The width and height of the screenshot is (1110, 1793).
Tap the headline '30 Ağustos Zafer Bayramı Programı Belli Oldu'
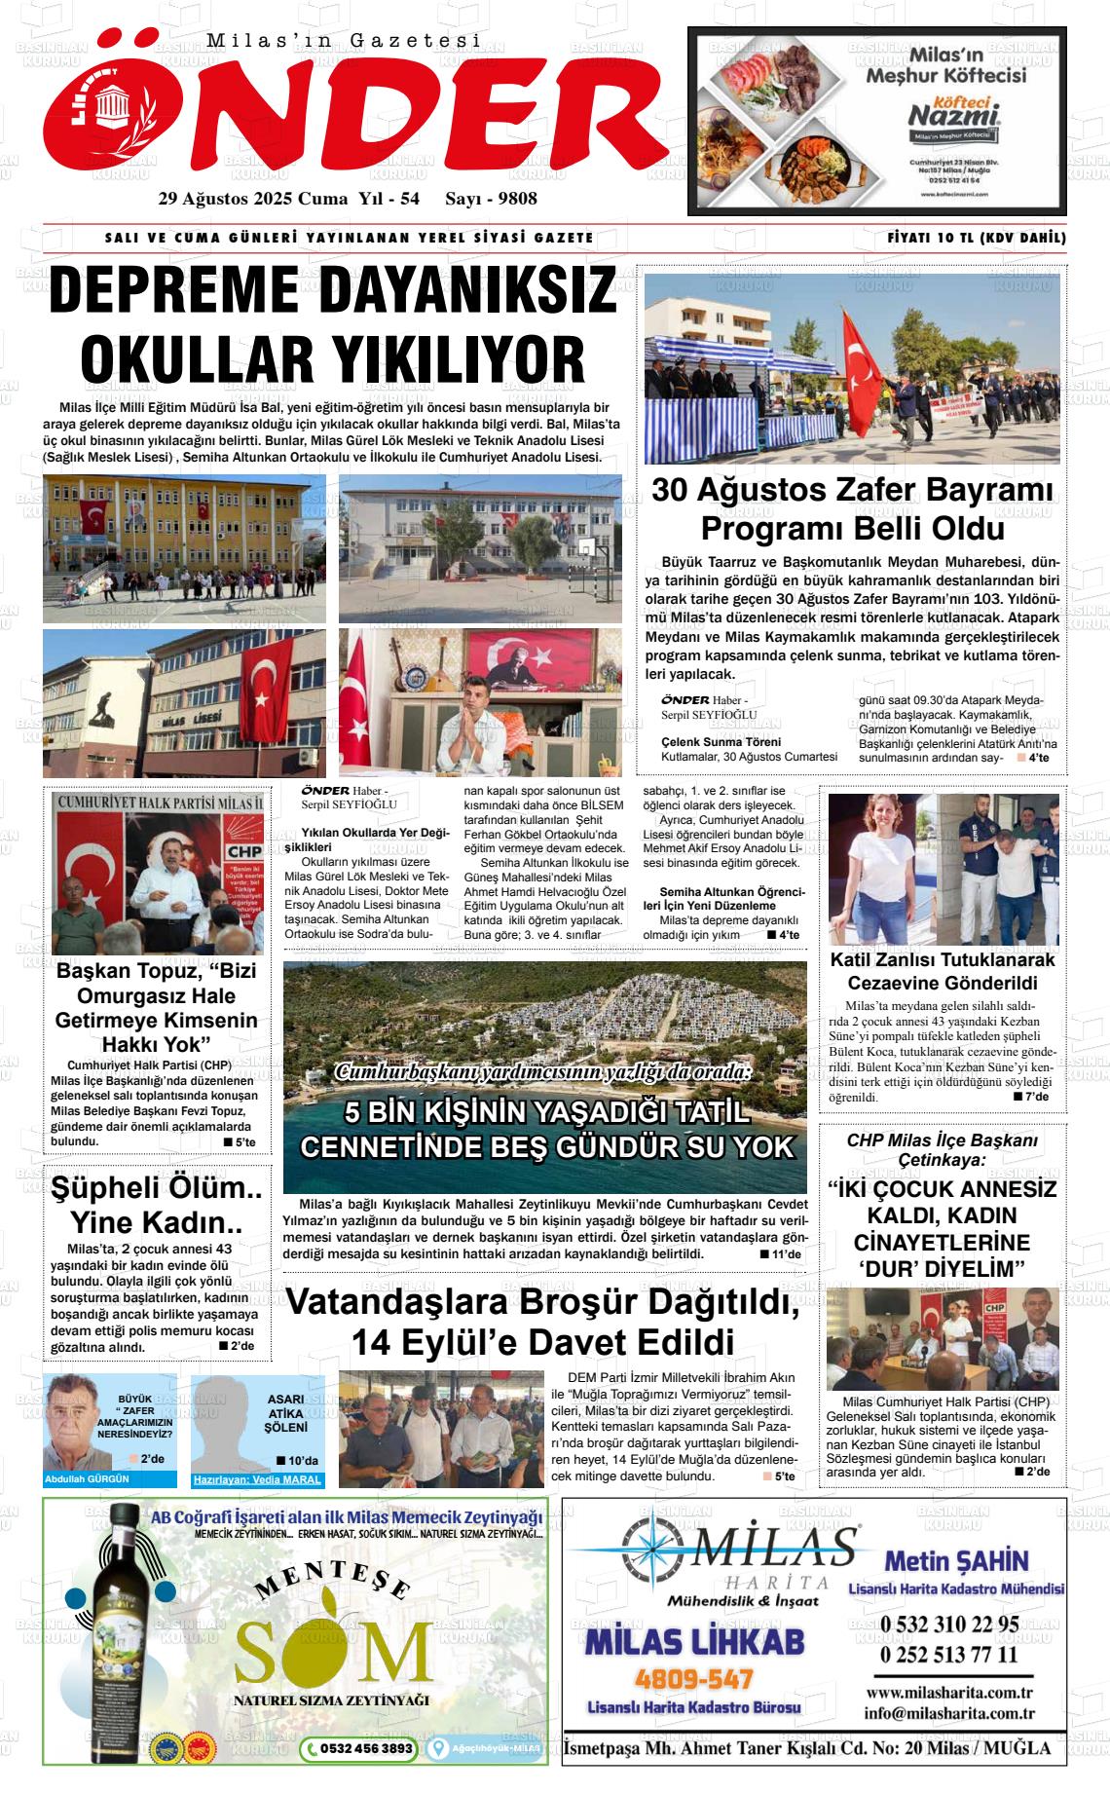[853, 508]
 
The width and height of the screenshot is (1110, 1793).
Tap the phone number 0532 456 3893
[359, 1748]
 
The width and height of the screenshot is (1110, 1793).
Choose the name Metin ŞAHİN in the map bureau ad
[956, 1561]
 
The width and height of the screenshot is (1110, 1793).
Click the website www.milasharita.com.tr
[949, 1693]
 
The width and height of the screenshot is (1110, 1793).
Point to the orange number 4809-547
[693, 1679]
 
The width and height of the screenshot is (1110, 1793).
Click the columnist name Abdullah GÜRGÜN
[87, 1478]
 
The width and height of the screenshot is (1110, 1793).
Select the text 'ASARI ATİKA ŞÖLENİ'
[285, 1412]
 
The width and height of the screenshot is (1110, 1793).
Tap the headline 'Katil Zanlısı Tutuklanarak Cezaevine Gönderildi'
[942, 971]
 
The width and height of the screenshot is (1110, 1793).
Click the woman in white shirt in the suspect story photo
[880, 870]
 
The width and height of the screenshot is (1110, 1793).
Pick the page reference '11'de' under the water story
[785, 1254]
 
